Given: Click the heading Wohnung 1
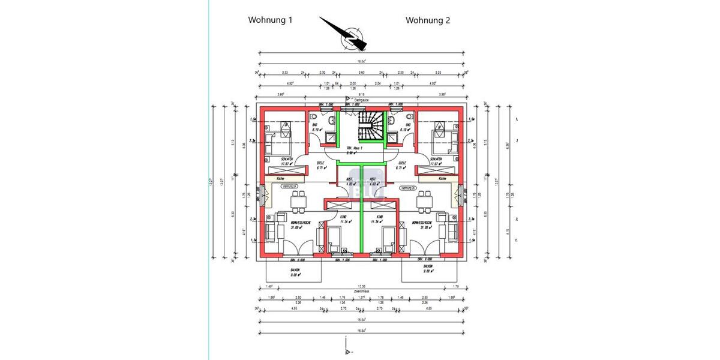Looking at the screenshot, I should (x=270, y=20).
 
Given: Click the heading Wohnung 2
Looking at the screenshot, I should (x=428, y=20).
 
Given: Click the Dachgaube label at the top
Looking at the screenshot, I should (x=360, y=100).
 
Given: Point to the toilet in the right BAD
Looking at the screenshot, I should (x=409, y=118).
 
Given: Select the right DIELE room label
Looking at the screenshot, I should (x=402, y=165).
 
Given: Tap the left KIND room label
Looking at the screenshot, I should (x=343, y=219).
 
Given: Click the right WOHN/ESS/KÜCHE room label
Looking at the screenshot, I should (x=423, y=225).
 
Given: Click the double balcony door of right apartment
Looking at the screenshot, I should (x=427, y=246).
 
